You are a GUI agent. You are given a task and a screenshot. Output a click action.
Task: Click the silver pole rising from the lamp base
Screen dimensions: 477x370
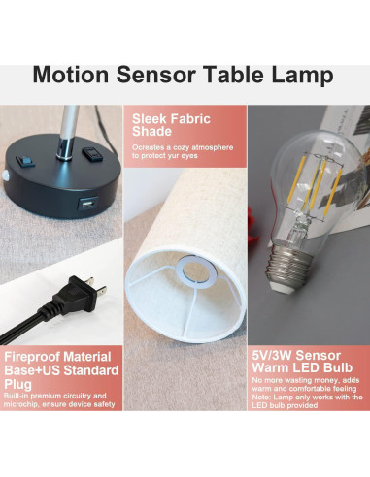[65, 126]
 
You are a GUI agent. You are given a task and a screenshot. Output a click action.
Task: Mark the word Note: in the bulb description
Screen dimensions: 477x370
[260, 397]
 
